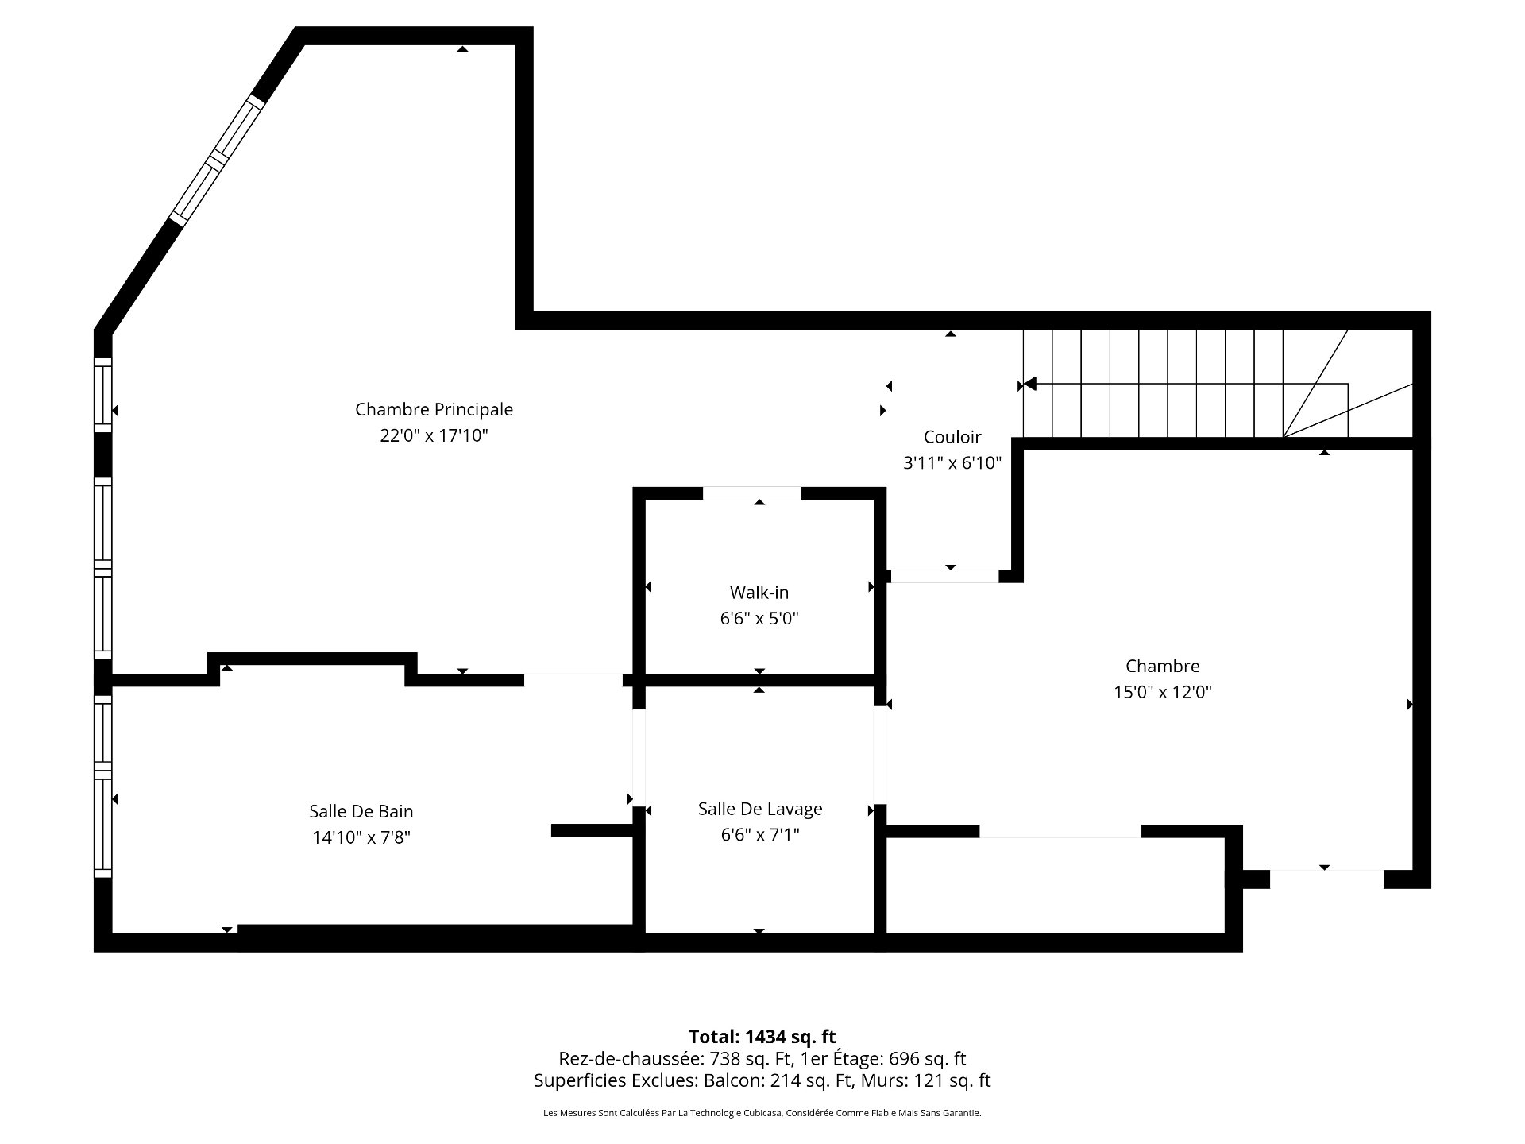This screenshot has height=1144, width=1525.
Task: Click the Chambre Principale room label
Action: click(434, 409)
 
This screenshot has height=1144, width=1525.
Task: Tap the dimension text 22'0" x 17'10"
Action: click(434, 435)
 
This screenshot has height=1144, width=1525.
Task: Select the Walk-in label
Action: click(759, 592)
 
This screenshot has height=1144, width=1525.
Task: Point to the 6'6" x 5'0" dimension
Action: click(759, 618)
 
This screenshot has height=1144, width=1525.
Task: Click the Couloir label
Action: click(952, 436)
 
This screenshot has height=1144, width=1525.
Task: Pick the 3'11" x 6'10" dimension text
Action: click(952, 462)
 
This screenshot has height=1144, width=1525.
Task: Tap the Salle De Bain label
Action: click(361, 811)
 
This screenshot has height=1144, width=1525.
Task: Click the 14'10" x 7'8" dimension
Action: click(361, 837)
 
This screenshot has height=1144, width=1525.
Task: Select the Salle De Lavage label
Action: click(760, 809)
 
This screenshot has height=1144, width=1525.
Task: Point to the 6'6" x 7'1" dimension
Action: click(760, 834)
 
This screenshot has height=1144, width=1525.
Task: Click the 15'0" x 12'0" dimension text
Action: click(1163, 692)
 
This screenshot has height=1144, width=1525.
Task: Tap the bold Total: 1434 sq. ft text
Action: click(762, 1037)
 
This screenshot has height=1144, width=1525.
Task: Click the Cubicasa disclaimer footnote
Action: click(762, 1113)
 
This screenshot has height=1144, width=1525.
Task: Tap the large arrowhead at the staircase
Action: click(1029, 385)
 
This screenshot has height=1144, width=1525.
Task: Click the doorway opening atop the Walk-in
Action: click(752, 493)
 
